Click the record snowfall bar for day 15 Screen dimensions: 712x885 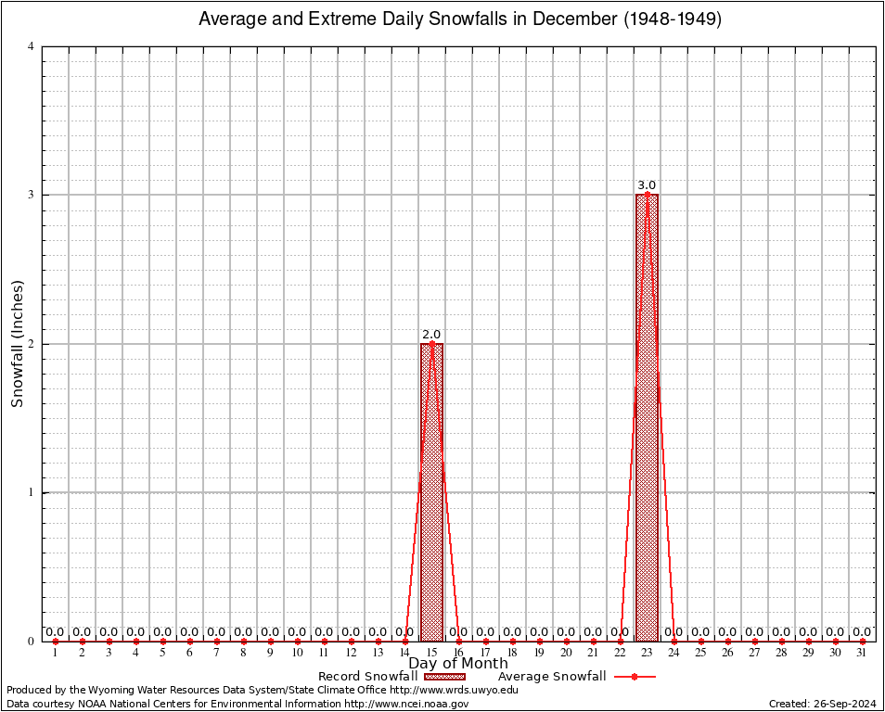pyautogui.click(x=431, y=491)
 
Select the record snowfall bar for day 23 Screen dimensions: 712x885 pyautogui.click(x=647, y=417)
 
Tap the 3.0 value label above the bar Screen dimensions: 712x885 pyautogui.click(x=647, y=185)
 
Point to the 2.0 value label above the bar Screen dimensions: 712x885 pyautogui.click(x=431, y=335)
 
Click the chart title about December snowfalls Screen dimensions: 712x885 pyautogui.click(x=460, y=19)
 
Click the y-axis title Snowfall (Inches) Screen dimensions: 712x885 pyautogui.click(x=18, y=344)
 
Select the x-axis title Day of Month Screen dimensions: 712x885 pyautogui.click(x=458, y=664)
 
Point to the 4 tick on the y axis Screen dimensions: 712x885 pyautogui.click(x=32, y=46)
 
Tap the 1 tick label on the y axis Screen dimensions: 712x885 pyautogui.click(x=32, y=492)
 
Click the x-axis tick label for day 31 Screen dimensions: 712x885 pyautogui.click(x=862, y=653)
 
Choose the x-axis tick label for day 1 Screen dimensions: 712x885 pyautogui.click(x=56, y=653)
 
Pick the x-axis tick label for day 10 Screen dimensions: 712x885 pyautogui.click(x=297, y=653)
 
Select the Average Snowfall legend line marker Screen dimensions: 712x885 pyautogui.click(x=634, y=677)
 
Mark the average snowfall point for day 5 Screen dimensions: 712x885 pyautogui.click(x=163, y=642)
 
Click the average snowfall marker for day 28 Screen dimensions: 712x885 pyautogui.click(x=781, y=642)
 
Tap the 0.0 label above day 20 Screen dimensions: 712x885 pyautogui.click(x=566, y=632)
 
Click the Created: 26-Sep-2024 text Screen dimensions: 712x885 pyautogui.click(x=823, y=704)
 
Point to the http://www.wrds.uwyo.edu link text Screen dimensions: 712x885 pyautogui.click(x=454, y=690)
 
